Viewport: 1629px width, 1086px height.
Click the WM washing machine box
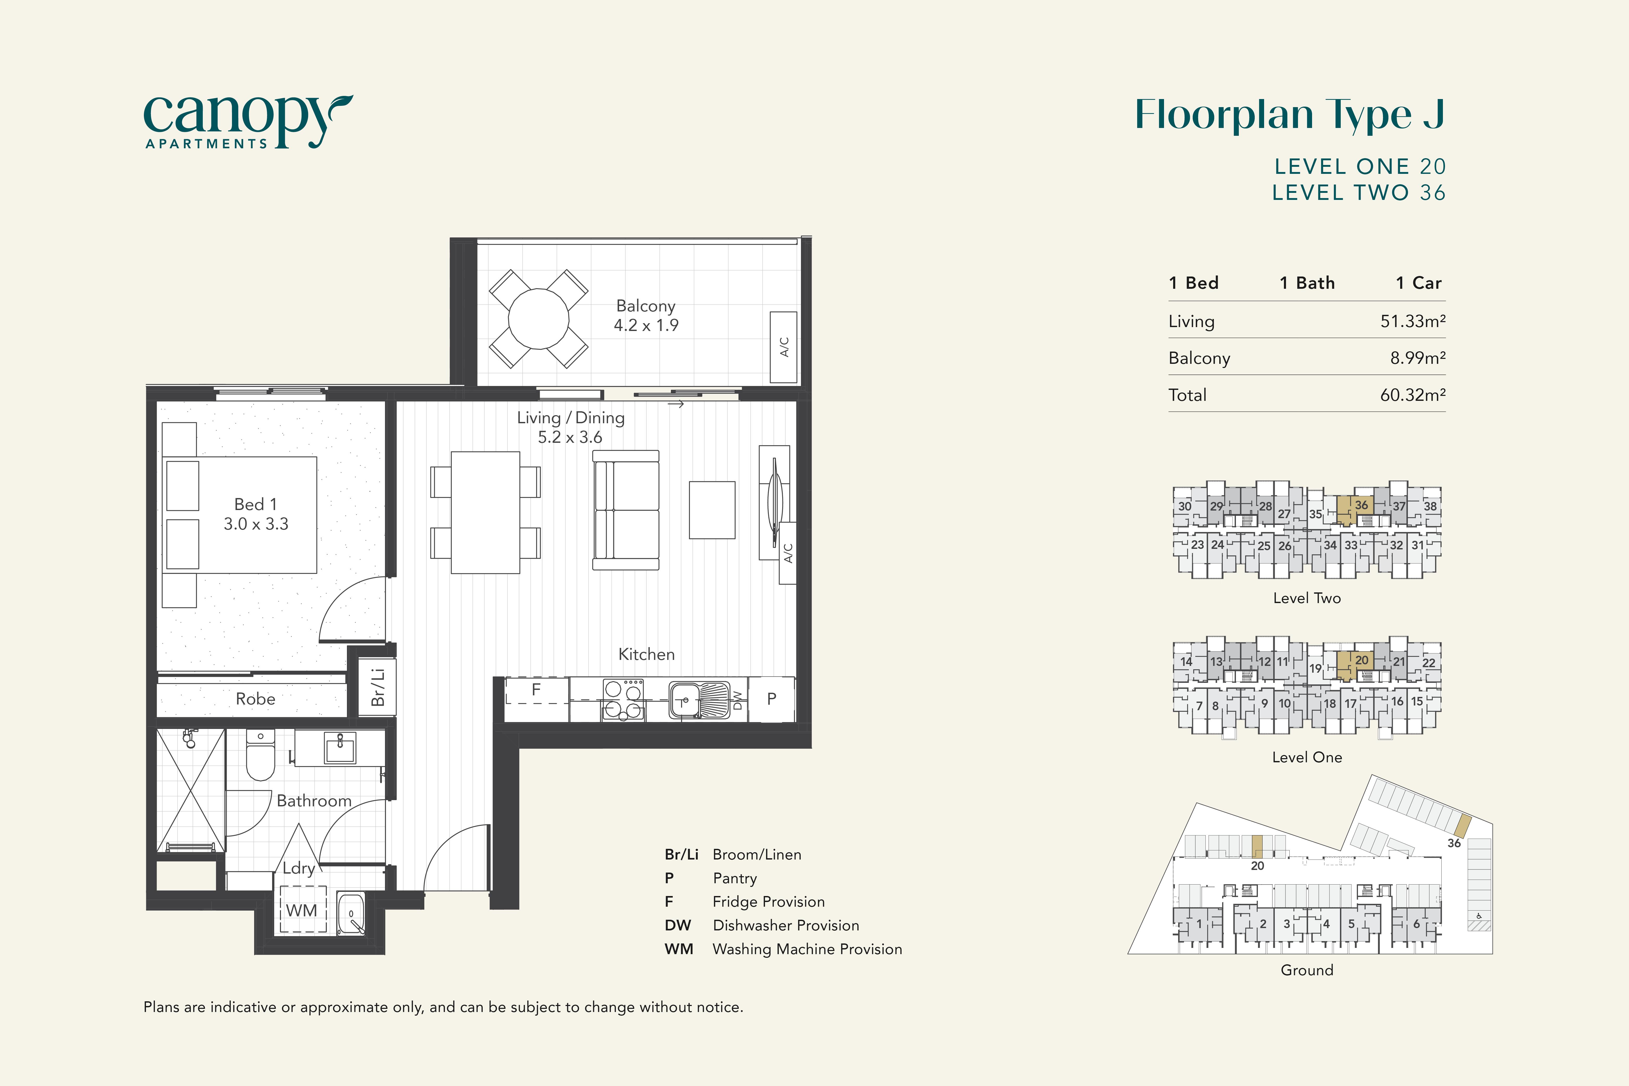click(x=302, y=909)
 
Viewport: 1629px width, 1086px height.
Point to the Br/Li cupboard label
click(x=377, y=686)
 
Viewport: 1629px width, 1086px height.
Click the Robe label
click(x=256, y=699)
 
